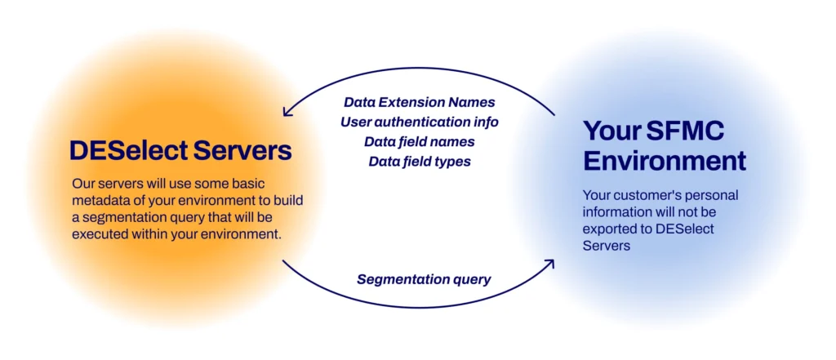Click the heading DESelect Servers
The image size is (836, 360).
pyautogui.click(x=180, y=152)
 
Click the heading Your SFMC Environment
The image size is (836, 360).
pyautogui.click(x=665, y=145)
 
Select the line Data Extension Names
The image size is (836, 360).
pyautogui.click(x=420, y=102)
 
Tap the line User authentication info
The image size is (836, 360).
pyautogui.click(x=420, y=122)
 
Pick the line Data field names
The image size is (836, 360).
pyautogui.click(x=420, y=142)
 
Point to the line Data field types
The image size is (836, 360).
pyautogui.click(x=420, y=162)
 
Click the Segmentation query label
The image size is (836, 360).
pyautogui.click(x=424, y=279)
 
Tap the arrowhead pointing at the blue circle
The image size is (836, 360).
pyautogui.click(x=549, y=264)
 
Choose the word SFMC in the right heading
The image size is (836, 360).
pyautogui.click(x=689, y=131)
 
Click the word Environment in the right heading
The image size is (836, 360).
pyautogui.click(x=665, y=161)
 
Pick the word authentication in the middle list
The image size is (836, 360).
pyautogui.click(x=424, y=122)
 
